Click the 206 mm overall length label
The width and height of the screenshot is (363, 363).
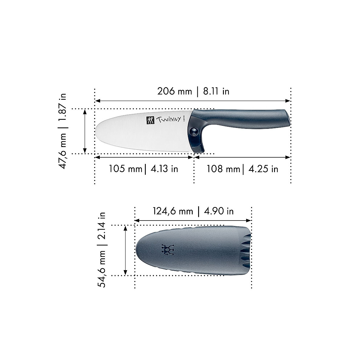click(x=175, y=91)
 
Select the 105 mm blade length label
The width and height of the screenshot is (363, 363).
click(x=125, y=168)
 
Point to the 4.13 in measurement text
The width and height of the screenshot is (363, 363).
click(x=164, y=168)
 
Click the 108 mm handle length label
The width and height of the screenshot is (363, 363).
click(x=223, y=168)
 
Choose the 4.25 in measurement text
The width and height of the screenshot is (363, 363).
click(x=263, y=168)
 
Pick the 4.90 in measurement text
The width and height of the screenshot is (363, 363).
click(x=219, y=211)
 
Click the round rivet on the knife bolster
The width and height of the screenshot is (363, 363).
click(x=193, y=131)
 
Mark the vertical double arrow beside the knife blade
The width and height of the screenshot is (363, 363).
click(x=85, y=131)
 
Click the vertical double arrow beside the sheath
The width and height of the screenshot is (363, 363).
click(x=125, y=250)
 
